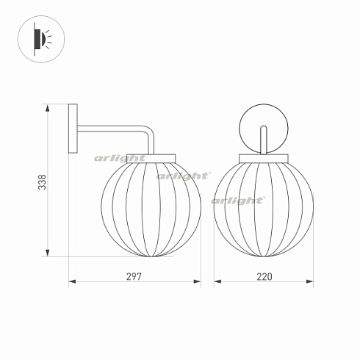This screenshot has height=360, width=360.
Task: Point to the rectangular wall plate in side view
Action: (x=73, y=129)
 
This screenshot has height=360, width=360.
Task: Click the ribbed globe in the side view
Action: (x=151, y=207)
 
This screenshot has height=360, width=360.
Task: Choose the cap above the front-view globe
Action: (x=264, y=156)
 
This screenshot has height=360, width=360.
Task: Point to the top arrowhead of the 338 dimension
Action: (x=49, y=109)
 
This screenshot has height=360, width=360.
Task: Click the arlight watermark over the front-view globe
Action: (x=238, y=200)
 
